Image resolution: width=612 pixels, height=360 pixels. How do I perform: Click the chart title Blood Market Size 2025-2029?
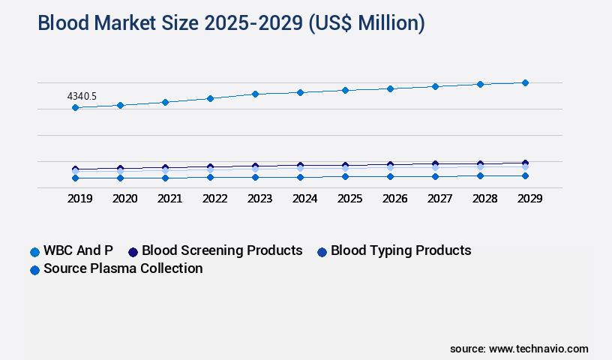(231, 23)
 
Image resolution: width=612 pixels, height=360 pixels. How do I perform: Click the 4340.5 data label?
(82, 96)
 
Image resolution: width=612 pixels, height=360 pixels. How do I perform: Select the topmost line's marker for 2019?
(75, 108)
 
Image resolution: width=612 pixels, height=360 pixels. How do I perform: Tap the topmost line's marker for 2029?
(525, 82)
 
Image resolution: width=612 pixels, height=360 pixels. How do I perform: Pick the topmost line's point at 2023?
(255, 94)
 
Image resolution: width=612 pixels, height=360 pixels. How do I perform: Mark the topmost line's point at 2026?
(390, 88)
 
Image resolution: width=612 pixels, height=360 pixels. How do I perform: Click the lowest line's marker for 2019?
(75, 178)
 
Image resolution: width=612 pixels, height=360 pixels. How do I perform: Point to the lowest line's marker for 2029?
(525, 175)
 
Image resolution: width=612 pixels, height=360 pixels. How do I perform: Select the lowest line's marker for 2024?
(300, 177)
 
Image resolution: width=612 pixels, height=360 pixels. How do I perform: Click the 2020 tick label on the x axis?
(124, 199)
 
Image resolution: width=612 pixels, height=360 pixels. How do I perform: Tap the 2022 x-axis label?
(214, 199)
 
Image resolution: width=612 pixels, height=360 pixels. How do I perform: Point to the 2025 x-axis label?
(349, 199)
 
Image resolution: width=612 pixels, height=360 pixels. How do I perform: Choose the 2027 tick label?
(439, 199)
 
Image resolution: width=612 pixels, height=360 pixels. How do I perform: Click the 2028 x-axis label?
(484, 199)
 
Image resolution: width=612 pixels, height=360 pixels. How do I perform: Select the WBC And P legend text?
(78, 250)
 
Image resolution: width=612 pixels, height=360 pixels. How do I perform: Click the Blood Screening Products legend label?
(222, 250)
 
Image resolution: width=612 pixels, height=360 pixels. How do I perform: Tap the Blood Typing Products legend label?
(400, 250)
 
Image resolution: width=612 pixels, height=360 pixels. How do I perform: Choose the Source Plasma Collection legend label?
(123, 268)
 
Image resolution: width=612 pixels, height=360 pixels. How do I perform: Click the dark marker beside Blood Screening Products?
(133, 251)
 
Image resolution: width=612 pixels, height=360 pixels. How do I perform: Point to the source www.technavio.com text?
(519, 349)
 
